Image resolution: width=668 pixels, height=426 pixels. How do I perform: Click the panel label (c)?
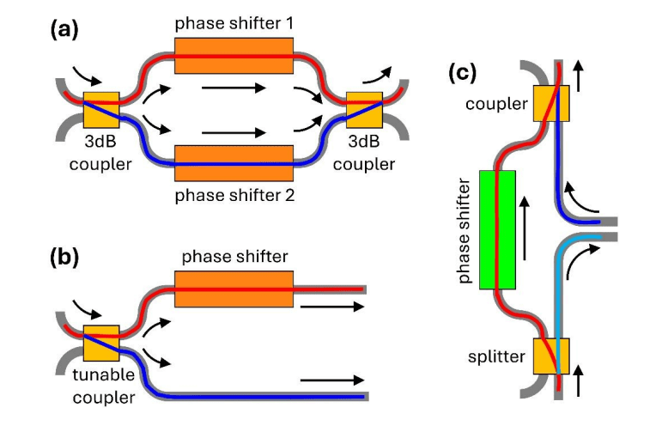coord(463,73)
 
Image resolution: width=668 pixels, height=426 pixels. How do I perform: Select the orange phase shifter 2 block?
coord(234,163)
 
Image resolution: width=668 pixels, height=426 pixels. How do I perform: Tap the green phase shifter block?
coord(497,229)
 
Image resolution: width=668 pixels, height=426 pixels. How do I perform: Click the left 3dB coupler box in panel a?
coord(100,109)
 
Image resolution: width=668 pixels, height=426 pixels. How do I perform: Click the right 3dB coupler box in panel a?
coord(363,109)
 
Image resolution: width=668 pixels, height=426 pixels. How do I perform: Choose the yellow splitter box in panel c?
coord(551,356)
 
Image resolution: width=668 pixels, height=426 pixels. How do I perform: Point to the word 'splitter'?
coord(497,356)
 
